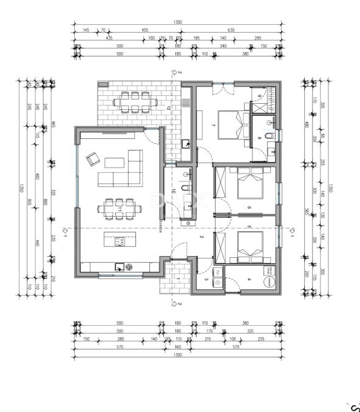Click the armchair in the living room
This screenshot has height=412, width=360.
[92, 159]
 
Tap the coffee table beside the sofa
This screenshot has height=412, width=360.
[114, 162]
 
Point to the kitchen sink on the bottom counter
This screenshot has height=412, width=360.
[120, 266]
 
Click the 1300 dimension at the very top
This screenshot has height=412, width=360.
[178, 22]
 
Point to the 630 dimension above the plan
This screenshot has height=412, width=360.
[231, 29]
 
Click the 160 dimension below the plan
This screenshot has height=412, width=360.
[178, 347]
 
